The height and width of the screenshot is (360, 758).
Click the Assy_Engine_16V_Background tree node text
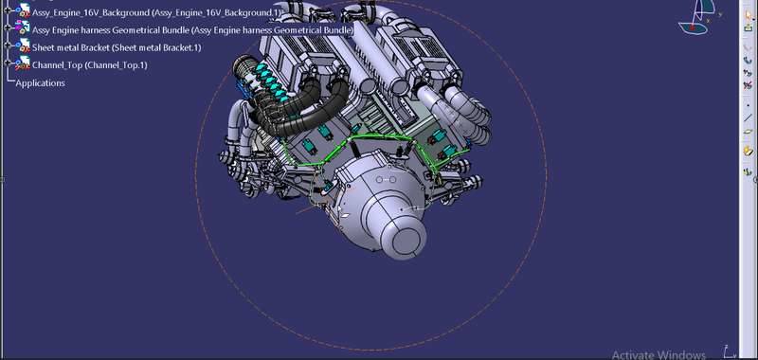click(156, 13)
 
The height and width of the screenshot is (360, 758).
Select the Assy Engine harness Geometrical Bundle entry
click(192, 30)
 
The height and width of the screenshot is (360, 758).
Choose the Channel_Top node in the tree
click(89, 64)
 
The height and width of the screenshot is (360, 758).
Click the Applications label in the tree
click(40, 83)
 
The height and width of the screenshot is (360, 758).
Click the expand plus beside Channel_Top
click(8, 63)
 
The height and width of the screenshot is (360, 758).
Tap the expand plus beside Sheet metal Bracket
click(8, 45)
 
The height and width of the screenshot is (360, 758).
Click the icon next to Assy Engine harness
click(22, 28)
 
